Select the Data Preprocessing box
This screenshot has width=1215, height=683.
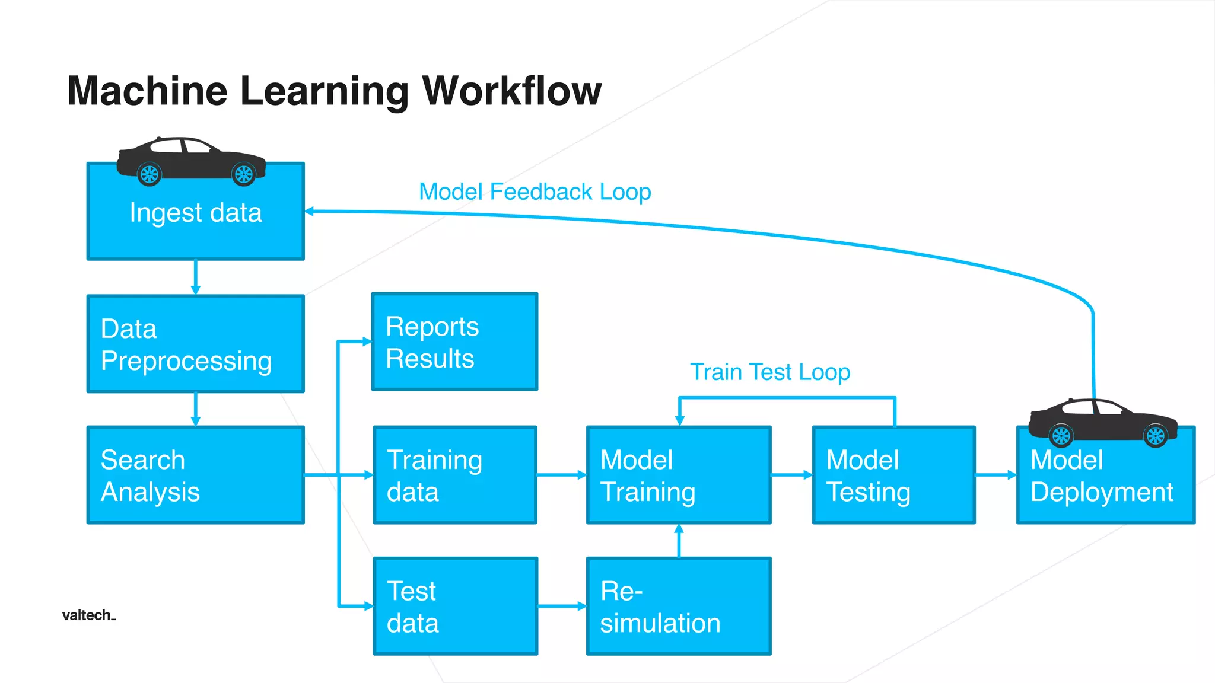195,344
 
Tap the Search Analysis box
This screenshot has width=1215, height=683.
195,475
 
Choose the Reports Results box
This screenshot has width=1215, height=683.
454,341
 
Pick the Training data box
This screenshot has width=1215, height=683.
455,475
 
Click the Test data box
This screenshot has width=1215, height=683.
455,606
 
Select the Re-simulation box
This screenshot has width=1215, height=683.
679,606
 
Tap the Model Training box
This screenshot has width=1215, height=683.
679,475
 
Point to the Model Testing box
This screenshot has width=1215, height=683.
893,475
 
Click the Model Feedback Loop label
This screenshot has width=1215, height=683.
535,192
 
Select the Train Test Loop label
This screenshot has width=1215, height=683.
769,372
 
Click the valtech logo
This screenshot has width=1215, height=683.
88,615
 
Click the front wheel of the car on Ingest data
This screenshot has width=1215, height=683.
243,174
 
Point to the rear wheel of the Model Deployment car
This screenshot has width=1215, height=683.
1061,436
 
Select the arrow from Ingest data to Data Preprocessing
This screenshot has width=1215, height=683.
195,277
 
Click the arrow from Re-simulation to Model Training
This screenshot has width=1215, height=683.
679,540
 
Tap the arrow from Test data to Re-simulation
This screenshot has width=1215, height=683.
561,606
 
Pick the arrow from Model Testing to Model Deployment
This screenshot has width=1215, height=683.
995,475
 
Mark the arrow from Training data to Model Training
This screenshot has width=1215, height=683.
561,475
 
